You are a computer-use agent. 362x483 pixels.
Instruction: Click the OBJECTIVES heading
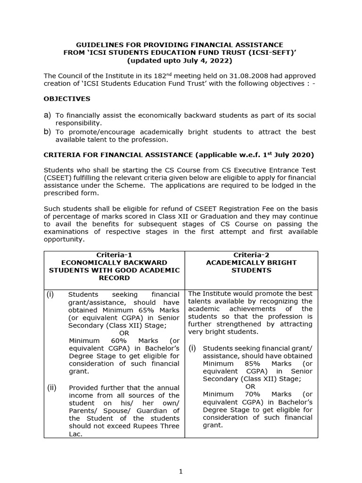click(x=67, y=99)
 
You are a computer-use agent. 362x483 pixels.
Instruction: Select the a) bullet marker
click(x=47, y=115)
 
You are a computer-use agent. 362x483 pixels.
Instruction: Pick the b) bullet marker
click(x=47, y=132)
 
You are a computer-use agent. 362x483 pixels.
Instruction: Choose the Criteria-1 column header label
click(x=114, y=254)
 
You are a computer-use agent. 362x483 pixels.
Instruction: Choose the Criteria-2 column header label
click(x=251, y=254)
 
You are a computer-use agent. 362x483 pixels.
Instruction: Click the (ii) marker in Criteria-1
click(x=51, y=388)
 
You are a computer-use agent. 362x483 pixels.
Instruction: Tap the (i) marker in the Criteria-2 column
click(x=192, y=349)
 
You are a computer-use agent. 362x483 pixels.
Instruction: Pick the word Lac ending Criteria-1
click(x=75, y=434)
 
